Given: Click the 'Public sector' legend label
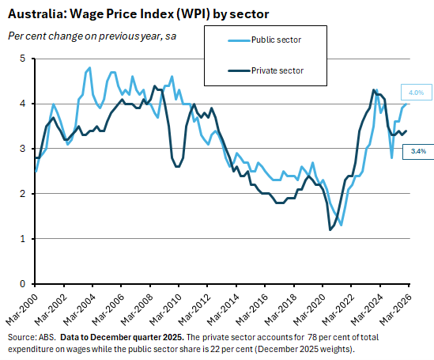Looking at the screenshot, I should [276, 39].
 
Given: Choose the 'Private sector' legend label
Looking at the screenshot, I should [277, 70].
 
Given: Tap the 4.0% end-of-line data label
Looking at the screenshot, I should [415, 92].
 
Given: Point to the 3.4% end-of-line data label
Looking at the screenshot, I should [416, 150].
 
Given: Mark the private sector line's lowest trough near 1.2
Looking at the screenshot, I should [330, 229].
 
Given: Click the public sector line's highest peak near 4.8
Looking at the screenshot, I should [89, 68].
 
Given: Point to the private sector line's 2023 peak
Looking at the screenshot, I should [372, 89].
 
